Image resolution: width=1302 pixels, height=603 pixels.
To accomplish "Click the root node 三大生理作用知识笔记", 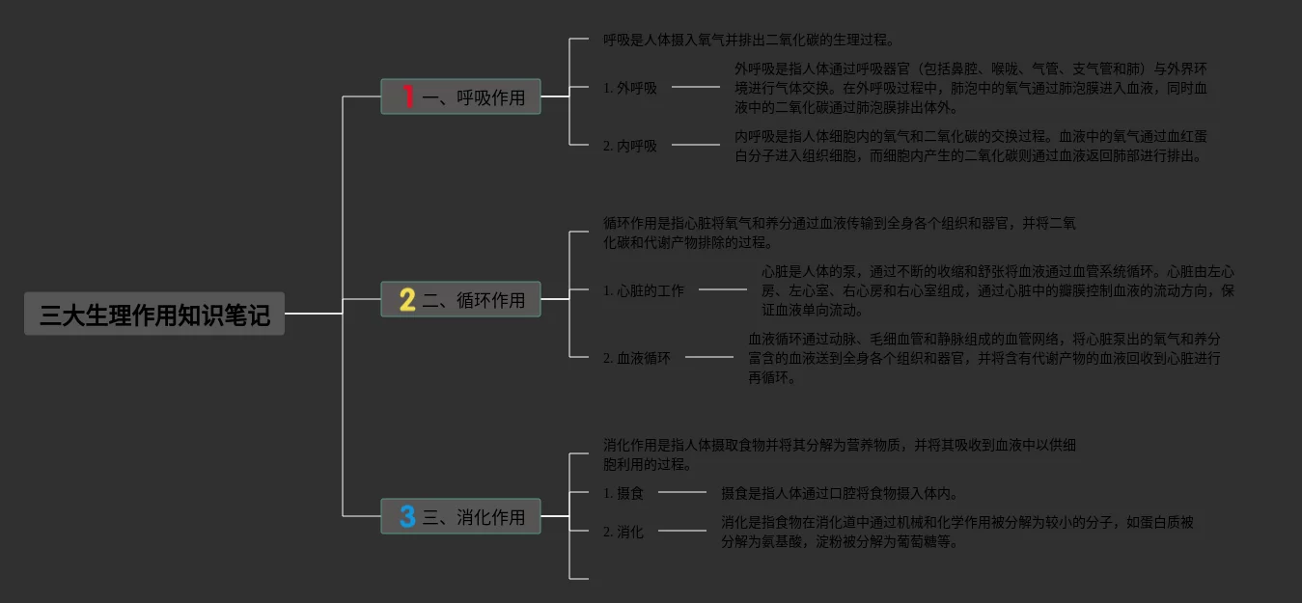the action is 154,315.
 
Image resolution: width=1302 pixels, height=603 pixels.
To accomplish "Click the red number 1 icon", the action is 407,97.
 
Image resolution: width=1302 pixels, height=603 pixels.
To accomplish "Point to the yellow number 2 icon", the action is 407,300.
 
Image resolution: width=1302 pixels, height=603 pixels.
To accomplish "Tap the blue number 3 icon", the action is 407,517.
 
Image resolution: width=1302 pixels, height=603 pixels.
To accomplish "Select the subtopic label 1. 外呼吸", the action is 630,88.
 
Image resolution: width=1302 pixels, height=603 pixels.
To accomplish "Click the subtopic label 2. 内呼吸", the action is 630,146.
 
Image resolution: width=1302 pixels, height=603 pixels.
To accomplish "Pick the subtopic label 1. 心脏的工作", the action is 644,290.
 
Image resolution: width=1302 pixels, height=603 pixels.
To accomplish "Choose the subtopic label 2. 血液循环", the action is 637,358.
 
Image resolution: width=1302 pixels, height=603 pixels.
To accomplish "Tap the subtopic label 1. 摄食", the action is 623,493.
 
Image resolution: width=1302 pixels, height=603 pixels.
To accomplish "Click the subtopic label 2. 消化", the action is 623,532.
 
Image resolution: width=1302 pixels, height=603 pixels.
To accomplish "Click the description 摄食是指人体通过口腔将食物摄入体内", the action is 840,493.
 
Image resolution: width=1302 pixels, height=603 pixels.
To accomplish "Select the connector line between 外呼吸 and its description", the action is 695,87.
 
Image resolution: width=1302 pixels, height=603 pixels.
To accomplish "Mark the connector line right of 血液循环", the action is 708,357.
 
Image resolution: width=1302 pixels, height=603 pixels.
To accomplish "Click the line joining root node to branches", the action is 314,314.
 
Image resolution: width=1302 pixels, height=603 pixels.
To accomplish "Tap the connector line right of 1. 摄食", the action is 681,492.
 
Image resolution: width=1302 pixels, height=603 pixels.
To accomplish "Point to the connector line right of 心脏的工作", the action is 722,289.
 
